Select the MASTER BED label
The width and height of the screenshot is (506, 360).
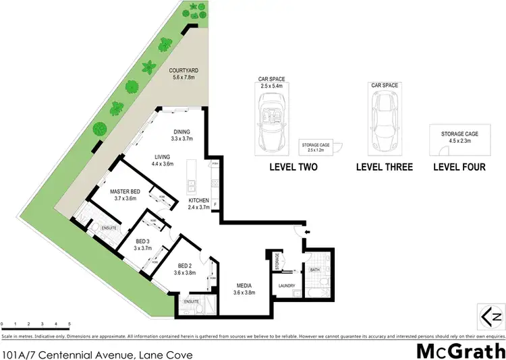pyautogui.click(x=125, y=192)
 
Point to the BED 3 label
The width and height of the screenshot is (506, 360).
pyautogui.click(x=141, y=241)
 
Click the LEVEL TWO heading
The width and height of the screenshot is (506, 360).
pyautogui.click(x=293, y=167)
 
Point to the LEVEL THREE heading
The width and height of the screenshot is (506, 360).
pyautogui.click(x=384, y=167)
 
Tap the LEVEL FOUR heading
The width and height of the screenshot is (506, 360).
pyautogui.click(x=459, y=167)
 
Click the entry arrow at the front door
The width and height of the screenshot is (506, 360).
pyautogui.click(x=308, y=233)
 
